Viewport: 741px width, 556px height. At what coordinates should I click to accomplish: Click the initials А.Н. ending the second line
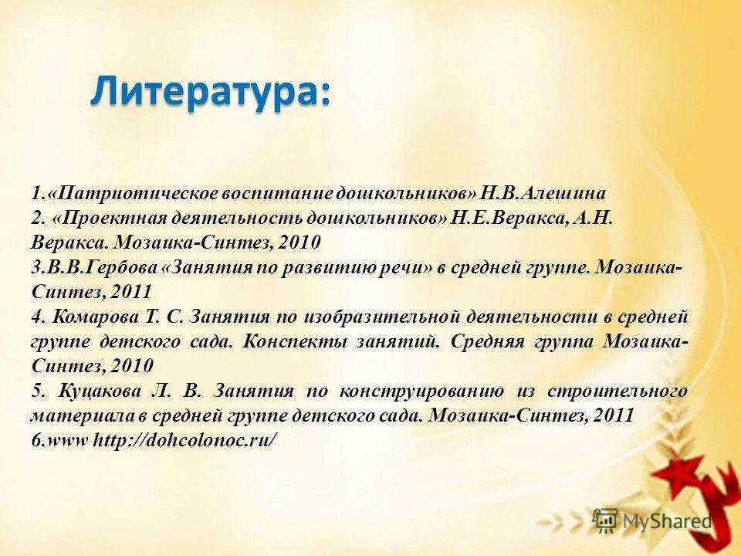[594, 218]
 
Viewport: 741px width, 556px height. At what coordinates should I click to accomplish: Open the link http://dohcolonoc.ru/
[184, 440]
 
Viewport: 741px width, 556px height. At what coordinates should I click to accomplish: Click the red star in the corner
[675, 471]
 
